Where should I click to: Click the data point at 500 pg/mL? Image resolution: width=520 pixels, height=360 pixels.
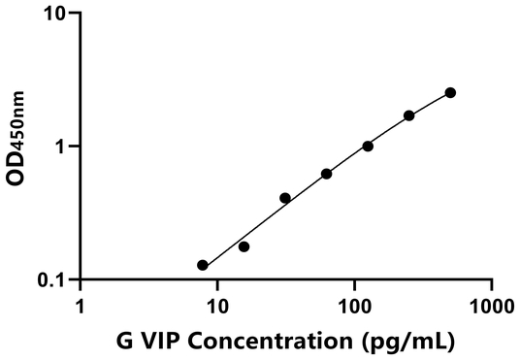tap(450, 92)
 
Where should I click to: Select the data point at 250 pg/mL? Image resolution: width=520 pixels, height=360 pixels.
tap(409, 115)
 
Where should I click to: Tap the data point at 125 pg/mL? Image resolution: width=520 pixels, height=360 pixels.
tap(368, 147)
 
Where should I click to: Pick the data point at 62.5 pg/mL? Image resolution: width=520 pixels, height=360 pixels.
tap(326, 174)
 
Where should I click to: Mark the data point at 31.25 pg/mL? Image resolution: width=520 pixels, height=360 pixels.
tap(285, 198)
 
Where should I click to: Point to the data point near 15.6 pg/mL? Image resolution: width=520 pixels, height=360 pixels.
tap(244, 246)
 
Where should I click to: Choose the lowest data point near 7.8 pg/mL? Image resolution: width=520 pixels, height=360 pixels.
tap(203, 265)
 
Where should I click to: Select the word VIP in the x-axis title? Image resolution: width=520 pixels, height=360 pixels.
tap(160, 341)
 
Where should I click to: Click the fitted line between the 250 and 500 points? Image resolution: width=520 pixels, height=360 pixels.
tap(430, 104)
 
